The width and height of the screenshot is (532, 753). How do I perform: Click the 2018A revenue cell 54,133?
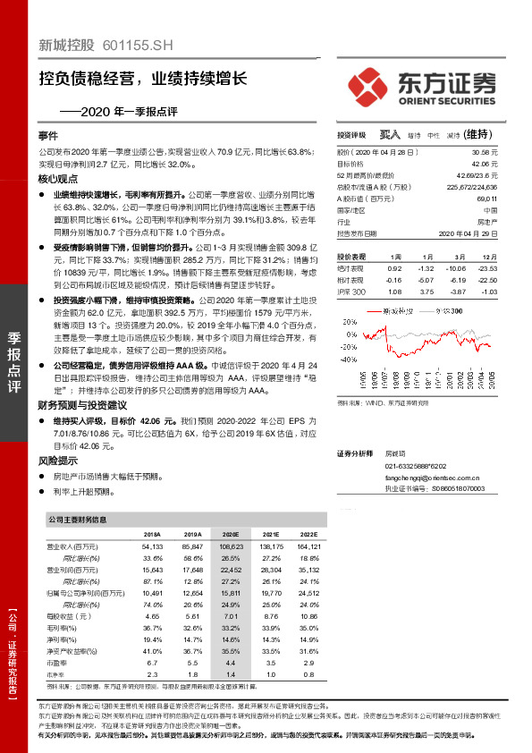coord(152,545)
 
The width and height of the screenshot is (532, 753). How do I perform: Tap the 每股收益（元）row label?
coord(67,616)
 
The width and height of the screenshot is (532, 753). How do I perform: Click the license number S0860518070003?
coord(458,489)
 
